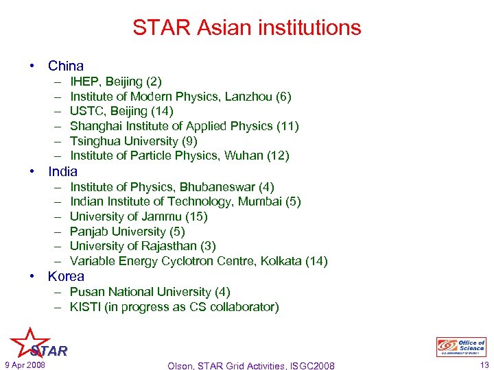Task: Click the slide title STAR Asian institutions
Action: tap(246, 28)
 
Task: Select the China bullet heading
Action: tap(65, 66)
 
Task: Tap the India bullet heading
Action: tap(62, 171)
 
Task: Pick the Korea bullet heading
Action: tap(66, 277)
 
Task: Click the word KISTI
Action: tap(86, 307)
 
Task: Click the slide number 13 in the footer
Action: tap(484, 365)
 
